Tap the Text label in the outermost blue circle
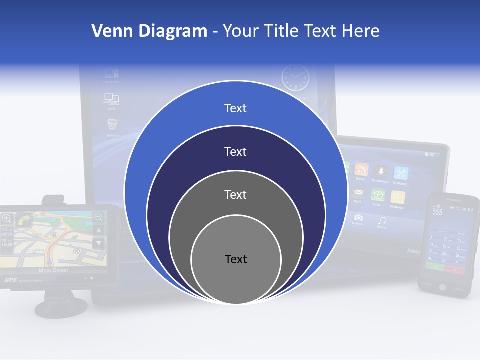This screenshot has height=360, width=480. click(235, 108)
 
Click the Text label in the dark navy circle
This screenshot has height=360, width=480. click(235, 152)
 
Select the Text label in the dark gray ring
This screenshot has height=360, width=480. click(235, 194)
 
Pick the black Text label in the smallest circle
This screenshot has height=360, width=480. click(236, 259)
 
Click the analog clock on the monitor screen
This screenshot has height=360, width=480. click(295, 78)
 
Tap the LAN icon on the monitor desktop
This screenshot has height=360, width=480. click(111, 99)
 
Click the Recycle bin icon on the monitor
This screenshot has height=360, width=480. click(113, 125)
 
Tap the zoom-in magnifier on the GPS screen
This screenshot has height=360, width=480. click(6, 218)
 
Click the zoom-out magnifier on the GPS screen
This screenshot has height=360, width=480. click(98, 217)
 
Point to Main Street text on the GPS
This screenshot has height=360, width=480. click(53, 271)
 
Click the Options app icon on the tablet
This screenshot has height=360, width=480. click(400, 174)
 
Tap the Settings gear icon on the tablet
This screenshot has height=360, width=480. click(397, 197)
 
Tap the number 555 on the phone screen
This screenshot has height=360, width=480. click(437, 212)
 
